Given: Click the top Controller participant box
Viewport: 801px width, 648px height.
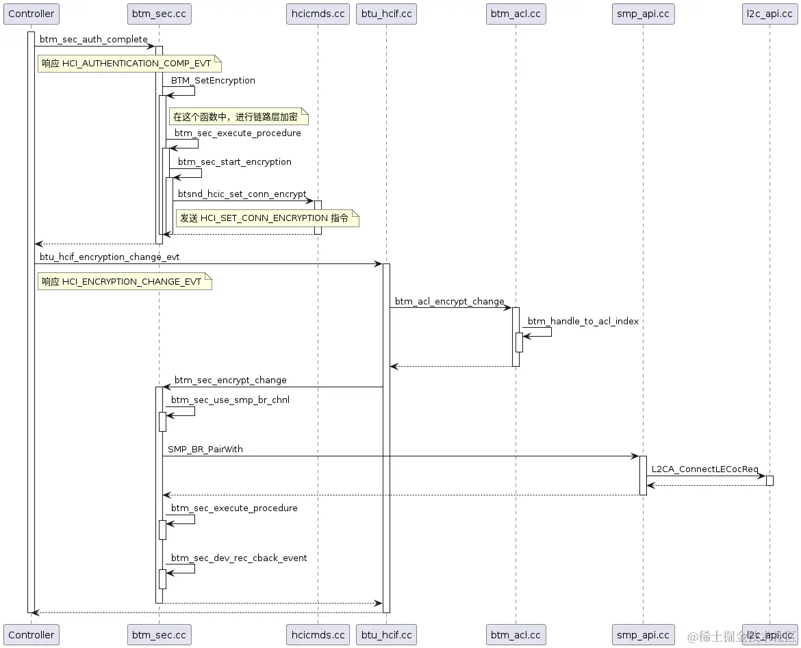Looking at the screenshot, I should tap(31, 14).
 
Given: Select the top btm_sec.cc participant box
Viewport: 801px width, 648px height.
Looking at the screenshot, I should tap(159, 14).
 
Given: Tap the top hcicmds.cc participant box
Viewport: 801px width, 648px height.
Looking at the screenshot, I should tap(318, 14).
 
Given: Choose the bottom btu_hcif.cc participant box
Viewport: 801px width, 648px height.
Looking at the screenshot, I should tap(386, 634).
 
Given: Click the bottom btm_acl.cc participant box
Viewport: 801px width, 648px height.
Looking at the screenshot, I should tap(516, 634).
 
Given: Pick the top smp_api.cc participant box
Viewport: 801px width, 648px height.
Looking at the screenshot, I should tap(643, 14).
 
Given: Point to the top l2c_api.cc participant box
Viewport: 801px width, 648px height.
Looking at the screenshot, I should tap(769, 14).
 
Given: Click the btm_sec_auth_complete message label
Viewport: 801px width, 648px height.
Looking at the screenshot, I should tap(93, 40).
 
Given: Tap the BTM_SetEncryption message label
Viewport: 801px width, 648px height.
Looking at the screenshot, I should tap(213, 80).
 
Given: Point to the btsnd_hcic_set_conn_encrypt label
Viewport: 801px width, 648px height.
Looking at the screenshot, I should tap(242, 194).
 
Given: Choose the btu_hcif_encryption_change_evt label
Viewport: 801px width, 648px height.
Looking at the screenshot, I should tap(110, 257).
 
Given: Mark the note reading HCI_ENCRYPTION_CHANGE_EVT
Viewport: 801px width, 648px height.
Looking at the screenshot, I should tap(125, 281).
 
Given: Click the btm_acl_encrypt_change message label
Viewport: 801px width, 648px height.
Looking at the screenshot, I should tap(449, 301).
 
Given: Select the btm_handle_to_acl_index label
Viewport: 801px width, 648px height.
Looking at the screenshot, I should tap(583, 321).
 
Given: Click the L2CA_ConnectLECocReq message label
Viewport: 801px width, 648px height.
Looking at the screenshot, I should tap(704, 469).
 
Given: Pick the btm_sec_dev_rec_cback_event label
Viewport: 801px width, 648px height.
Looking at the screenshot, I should tap(239, 558).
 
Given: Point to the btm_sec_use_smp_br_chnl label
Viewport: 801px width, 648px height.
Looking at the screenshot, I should tap(230, 400).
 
